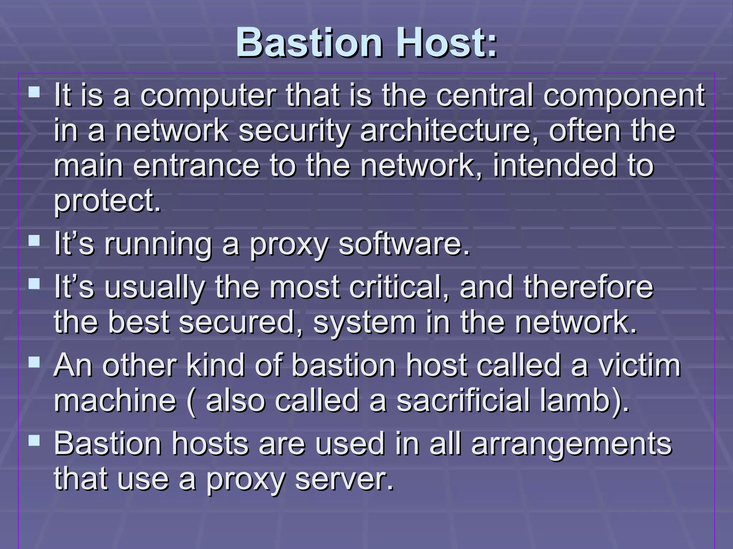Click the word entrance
[x=196, y=165]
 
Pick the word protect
[x=107, y=201]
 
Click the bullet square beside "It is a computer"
[x=34, y=93]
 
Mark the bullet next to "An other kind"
[x=34, y=362]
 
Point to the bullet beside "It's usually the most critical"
[x=34, y=284]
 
